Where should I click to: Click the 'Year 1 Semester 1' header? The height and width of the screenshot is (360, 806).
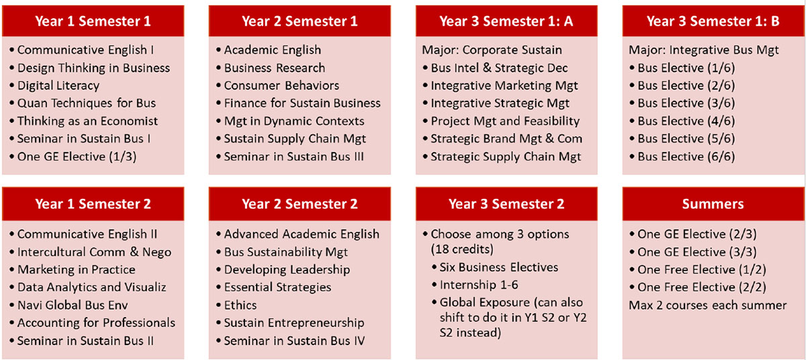tap(93, 21)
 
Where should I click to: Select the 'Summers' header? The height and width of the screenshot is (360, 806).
tap(713, 204)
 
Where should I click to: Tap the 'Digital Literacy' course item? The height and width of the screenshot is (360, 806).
tap(58, 85)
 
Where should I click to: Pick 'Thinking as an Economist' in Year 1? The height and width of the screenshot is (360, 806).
tap(87, 121)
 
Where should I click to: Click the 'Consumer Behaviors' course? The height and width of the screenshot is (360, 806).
tap(281, 85)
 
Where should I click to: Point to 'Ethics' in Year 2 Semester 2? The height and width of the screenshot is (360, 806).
tap(240, 305)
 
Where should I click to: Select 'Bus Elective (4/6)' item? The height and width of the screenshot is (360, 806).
tap(686, 121)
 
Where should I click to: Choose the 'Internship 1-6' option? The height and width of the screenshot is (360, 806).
tap(479, 285)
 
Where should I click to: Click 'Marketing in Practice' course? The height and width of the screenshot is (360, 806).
tap(77, 269)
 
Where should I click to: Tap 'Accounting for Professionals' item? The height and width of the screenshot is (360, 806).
tap(96, 322)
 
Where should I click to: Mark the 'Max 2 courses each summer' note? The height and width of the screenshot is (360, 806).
tap(708, 305)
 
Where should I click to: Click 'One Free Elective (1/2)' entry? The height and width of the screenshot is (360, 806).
tap(702, 269)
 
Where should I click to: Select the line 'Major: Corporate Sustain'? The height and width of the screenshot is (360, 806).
tap(492, 50)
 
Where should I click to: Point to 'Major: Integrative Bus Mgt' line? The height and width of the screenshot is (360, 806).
tap(704, 50)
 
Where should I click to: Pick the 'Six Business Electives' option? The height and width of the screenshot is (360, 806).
tap(498, 267)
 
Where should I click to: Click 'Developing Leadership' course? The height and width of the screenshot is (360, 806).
tap(287, 269)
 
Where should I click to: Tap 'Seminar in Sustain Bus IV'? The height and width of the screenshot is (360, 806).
tap(294, 341)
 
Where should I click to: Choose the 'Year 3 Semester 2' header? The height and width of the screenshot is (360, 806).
tap(506, 204)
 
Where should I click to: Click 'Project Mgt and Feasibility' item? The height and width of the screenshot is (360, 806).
tap(505, 121)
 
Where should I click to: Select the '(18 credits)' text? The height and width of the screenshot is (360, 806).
tap(462, 249)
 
